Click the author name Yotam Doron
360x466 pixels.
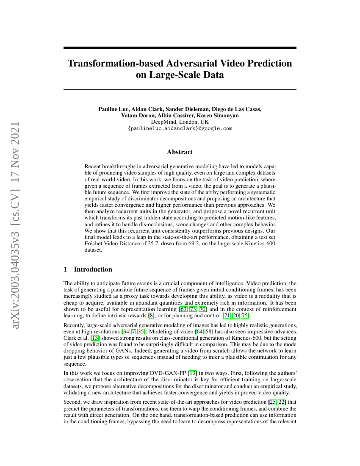pos(137,115)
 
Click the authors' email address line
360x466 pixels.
pos(180,128)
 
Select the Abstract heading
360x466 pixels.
pos(180,152)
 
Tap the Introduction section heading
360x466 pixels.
pos(93,269)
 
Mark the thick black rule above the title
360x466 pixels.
pos(180,48)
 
